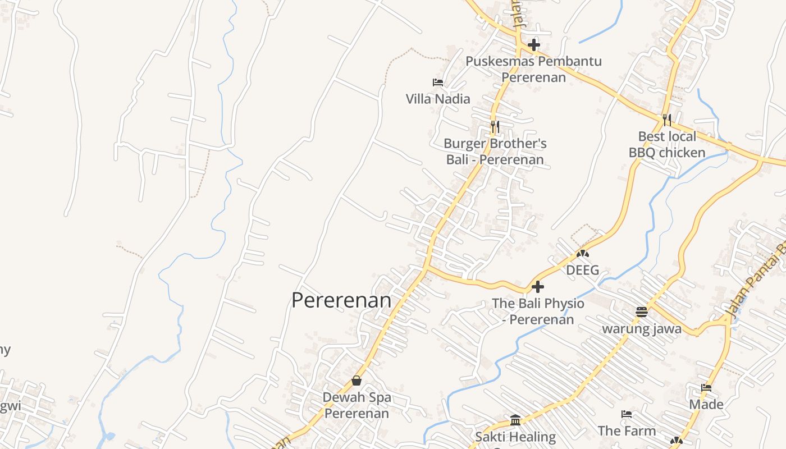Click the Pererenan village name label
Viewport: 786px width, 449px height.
point(341,300)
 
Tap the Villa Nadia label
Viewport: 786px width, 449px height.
point(438,99)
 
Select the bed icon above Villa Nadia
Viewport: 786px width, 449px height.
point(438,83)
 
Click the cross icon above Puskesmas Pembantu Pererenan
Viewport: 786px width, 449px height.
point(533,45)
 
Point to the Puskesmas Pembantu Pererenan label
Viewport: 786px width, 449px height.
point(533,69)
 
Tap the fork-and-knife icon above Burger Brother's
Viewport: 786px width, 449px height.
point(495,126)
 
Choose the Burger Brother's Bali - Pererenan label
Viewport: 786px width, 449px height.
point(495,152)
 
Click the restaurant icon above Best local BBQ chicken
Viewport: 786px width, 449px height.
point(666,120)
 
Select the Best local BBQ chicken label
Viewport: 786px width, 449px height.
point(666,144)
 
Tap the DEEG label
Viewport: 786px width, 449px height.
point(582,270)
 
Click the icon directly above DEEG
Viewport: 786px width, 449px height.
point(582,254)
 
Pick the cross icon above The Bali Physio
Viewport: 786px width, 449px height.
point(537,287)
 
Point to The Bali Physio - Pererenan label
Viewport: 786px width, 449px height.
point(538,311)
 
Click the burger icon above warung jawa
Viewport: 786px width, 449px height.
point(642,312)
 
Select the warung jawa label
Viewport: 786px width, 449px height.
point(642,328)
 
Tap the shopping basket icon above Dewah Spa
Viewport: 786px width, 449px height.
point(357,381)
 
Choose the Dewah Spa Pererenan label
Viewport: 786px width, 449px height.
point(357,405)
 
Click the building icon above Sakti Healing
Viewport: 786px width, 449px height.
point(515,420)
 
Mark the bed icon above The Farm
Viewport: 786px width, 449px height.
point(627,414)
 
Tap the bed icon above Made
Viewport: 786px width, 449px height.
point(706,388)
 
